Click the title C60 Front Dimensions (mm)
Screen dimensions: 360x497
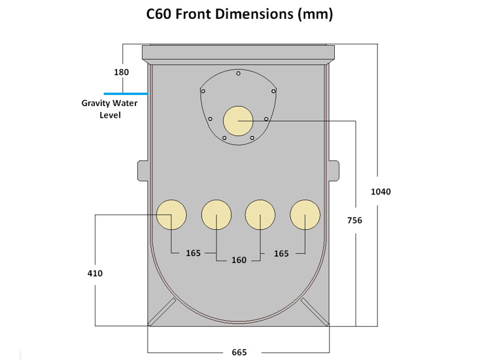[239, 15]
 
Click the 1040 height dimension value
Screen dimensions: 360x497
[381, 192]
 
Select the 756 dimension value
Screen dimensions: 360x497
[354, 221]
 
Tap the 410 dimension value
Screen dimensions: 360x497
[95, 273]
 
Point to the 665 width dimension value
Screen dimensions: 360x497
[239, 352]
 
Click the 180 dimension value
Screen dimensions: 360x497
[122, 72]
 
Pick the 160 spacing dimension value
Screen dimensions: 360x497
[239, 260]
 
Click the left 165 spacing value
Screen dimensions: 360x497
[193, 253]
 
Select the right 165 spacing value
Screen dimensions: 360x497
[281, 253]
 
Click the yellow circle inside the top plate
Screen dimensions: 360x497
[238, 121]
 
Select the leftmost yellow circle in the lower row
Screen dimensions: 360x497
[171, 215]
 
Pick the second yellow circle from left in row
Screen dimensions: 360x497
[216, 215]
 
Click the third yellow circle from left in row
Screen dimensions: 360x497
[260, 215]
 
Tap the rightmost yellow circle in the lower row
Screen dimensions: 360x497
[305, 215]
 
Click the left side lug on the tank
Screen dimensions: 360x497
[142, 171]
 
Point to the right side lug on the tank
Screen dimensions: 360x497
[334, 171]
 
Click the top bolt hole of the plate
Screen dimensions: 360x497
[238, 73]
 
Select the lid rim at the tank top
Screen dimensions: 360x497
[238, 52]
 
